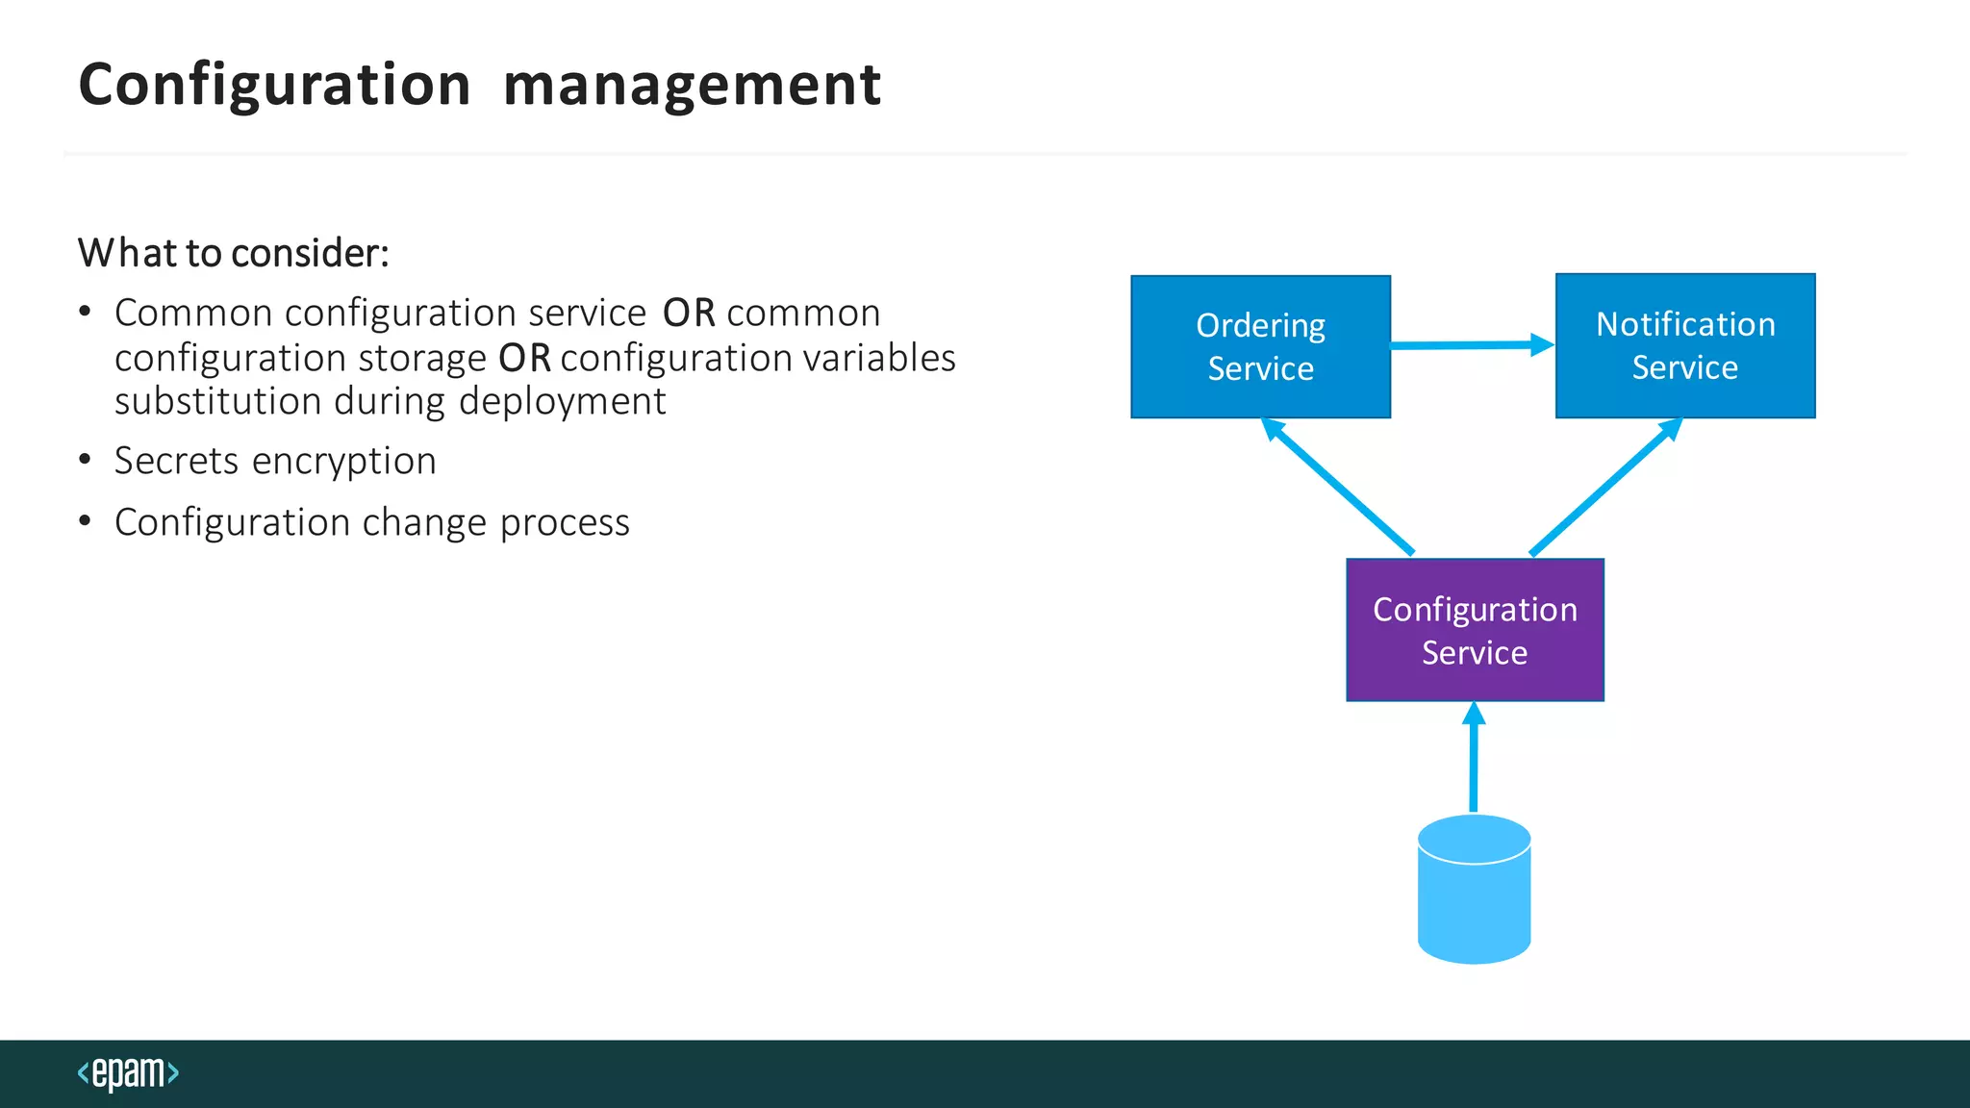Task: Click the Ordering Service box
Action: coord(1260,346)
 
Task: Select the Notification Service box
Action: coord(1685,345)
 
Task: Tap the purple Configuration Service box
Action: coord(1475,630)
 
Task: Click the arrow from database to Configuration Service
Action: coord(1474,760)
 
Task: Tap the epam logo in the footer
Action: coord(128,1072)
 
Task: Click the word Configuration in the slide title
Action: coord(274,85)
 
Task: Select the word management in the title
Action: coord(691,85)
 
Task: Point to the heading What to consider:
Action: coord(234,253)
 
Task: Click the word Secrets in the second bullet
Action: coord(176,461)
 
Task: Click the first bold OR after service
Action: coord(689,314)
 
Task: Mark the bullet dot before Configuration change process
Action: coord(86,521)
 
